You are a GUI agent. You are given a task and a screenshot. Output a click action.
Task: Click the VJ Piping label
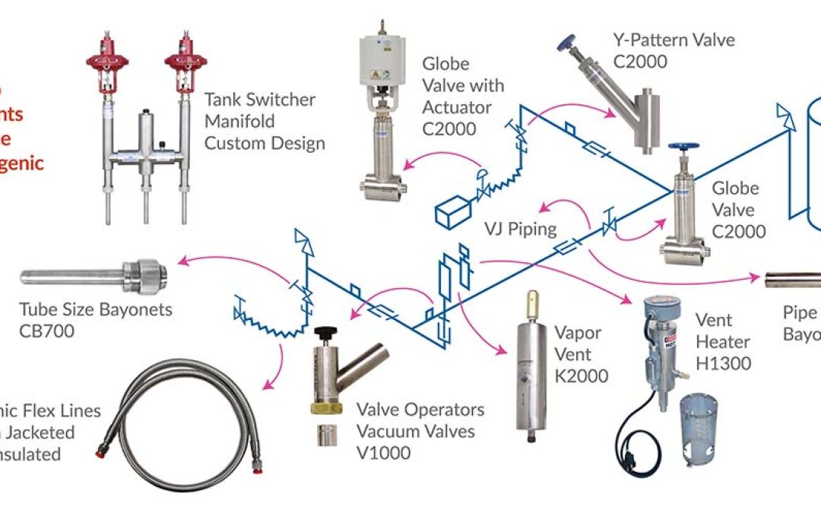[520, 228]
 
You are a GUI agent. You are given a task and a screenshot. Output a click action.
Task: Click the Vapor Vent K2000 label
[581, 354]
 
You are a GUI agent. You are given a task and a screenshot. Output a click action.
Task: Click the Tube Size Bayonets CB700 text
[96, 320]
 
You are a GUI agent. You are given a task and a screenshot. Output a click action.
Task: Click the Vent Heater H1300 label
[723, 342]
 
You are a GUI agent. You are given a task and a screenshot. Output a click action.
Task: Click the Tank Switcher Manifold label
[265, 121]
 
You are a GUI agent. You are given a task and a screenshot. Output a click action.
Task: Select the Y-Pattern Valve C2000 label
[674, 49]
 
